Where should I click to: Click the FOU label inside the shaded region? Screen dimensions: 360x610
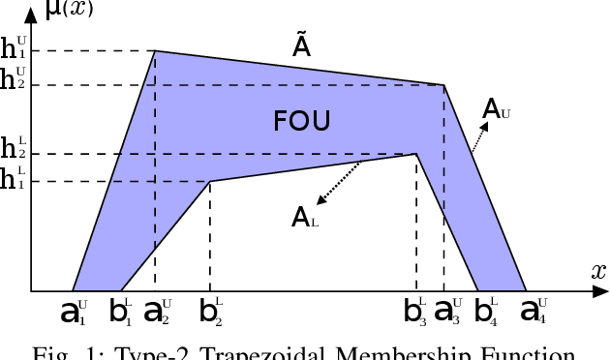coord(302,121)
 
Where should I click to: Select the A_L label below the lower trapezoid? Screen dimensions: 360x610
coord(305,218)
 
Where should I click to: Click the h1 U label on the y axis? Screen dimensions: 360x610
coord(15,48)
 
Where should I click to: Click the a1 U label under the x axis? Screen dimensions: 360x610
coord(74,312)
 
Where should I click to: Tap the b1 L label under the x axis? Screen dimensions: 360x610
coord(121,312)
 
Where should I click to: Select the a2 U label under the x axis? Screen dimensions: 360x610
coord(157,312)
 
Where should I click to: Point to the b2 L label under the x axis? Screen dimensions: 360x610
coord(211,312)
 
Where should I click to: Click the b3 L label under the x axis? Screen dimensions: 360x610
coord(417,312)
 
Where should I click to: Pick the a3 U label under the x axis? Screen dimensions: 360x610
coord(448,312)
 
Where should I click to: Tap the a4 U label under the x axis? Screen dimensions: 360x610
coord(534,312)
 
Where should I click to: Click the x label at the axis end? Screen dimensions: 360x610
coord(597,272)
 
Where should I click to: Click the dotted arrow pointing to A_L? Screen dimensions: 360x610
coord(340,184)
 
